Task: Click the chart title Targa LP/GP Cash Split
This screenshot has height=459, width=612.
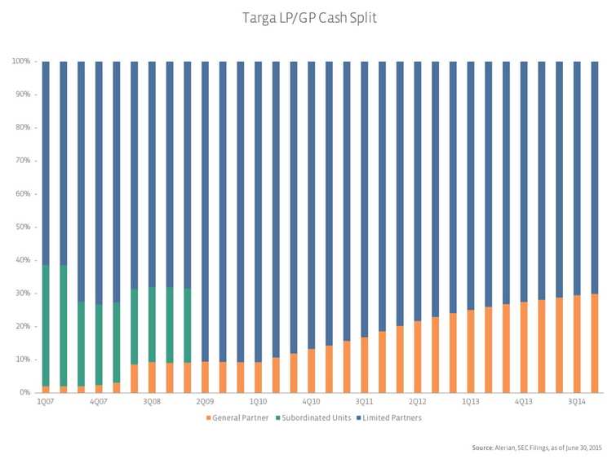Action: pyautogui.click(x=305, y=16)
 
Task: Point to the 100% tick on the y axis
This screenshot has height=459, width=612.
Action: pyautogui.click(x=21, y=61)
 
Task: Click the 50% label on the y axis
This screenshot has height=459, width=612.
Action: pyautogui.click(x=23, y=227)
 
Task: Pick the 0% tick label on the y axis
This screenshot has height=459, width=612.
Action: pyautogui.click(x=25, y=392)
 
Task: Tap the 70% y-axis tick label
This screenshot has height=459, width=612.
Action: pyautogui.click(x=23, y=161)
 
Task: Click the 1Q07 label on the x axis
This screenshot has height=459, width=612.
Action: pyautogui.click(x=46, y=402)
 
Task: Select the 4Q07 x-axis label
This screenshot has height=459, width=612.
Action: pyautogui.click(x=99, y=402)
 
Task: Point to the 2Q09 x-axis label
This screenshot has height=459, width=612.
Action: pyautogui.click(x=205, y=402)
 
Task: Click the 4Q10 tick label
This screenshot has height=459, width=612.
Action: pyautogui.click(x=311, y=402)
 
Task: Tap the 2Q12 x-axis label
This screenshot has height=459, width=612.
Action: pyautogui.click(x=417, y=402)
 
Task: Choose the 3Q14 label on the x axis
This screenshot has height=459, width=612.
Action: pyautogui.click(x=576, y=402)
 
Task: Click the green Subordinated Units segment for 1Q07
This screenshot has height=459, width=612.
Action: pyautogui.click(x=46, y=326)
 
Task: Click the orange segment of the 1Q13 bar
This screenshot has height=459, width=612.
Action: pyautogui.click(x=471, y=351)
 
